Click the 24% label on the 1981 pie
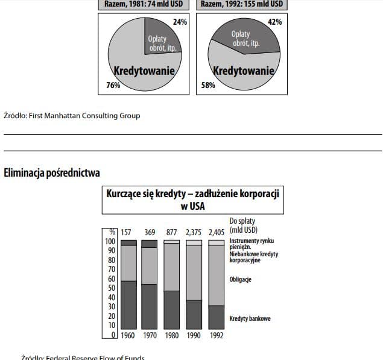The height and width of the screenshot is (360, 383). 180,22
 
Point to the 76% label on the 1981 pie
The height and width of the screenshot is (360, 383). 112,86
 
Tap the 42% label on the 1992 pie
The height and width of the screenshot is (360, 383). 275,22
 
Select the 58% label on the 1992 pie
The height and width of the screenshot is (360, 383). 207,86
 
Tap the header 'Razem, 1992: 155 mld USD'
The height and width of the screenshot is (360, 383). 241,4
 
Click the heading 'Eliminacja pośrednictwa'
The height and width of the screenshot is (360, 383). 52,174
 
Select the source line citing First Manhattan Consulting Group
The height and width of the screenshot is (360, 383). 72,115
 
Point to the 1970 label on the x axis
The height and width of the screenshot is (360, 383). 150,335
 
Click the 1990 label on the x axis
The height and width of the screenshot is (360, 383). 194,335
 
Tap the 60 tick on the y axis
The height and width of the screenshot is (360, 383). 110,279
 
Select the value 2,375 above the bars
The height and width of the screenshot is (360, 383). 194,232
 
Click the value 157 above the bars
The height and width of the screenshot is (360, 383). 126,232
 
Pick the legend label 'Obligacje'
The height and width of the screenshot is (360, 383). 241,279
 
